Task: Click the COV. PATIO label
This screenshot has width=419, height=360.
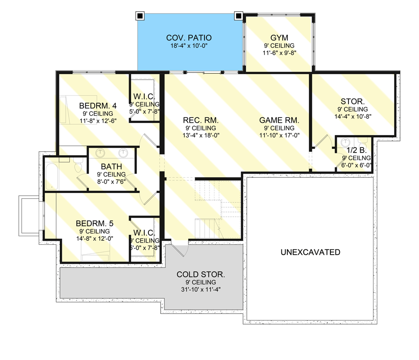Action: pos(189,38)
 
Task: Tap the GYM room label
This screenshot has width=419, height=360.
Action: pos(279,38)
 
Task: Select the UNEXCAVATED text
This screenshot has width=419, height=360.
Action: pos(310,252)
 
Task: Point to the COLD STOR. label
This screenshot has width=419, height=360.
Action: pos(201,274)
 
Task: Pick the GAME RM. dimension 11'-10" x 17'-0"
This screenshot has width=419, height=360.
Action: pos(279,135)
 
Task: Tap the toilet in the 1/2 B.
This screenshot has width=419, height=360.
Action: pos(363,143)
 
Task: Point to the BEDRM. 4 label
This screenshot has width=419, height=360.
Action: pos(98,106)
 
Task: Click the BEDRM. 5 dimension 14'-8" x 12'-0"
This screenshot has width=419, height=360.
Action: pos(94,238)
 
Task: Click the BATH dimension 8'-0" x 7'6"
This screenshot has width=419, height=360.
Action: pos(111,181)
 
